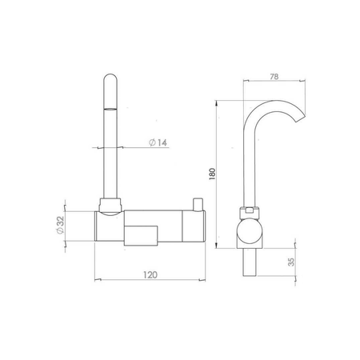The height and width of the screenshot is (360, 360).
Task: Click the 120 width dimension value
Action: tap(150, 274)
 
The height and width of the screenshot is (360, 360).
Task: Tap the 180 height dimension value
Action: tap(212, 174)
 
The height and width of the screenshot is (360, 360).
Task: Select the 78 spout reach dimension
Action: tap(274, 77)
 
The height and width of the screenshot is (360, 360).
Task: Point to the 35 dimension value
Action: tap(291, 262)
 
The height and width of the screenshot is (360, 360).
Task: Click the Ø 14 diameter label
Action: tap(158, 142)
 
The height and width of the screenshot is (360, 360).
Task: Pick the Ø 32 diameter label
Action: tap(61, 225)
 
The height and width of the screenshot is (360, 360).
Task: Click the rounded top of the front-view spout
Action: tap(110, 78)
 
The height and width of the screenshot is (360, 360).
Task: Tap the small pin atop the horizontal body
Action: tap(198, 204)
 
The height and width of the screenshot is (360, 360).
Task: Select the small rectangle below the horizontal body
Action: tap(141, 236)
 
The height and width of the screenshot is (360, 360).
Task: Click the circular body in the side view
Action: tap(250, 231)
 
